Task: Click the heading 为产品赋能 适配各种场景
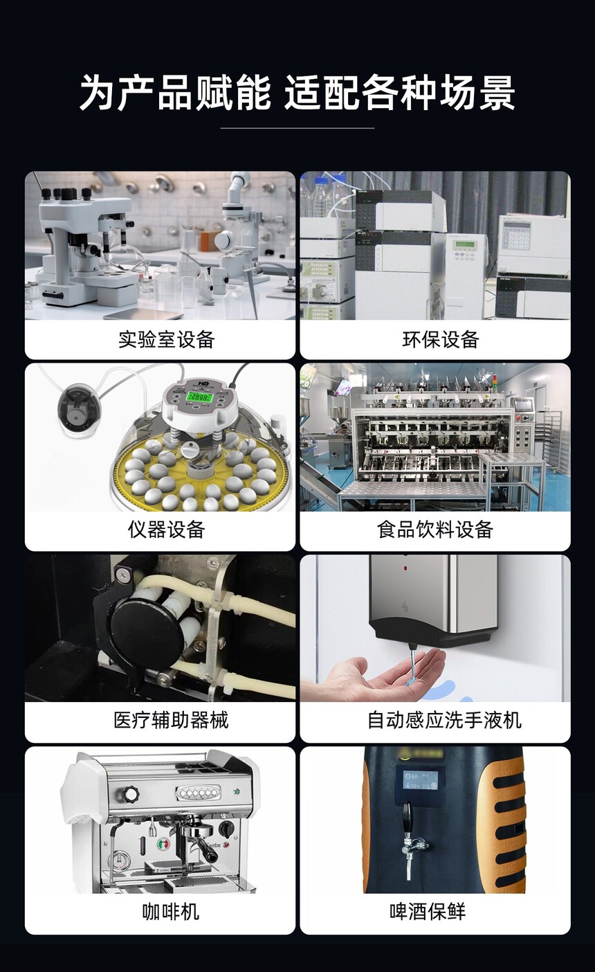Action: click(x=297, y=93)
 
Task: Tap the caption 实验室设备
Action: click(x=167, y=339)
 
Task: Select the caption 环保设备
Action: click(x=440, y=339)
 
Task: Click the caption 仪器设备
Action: click(x=167, y=530)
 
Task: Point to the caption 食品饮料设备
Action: click(x=435, y=530)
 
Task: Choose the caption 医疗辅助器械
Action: click(x=171, y=720)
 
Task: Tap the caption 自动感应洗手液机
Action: click(x=444, y=720)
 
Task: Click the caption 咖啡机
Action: click(x=171, y=911)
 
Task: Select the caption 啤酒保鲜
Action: click(x=427, y=911)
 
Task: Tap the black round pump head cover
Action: click(x=147, y=626)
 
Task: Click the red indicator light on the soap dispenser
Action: click(x=405, y=568)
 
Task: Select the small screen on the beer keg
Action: click(x=420, y=780)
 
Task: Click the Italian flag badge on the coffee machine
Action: click(x=163, y=843)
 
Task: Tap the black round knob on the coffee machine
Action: click(x=130, y=795)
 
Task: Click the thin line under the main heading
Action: click(x=297, y=128)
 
